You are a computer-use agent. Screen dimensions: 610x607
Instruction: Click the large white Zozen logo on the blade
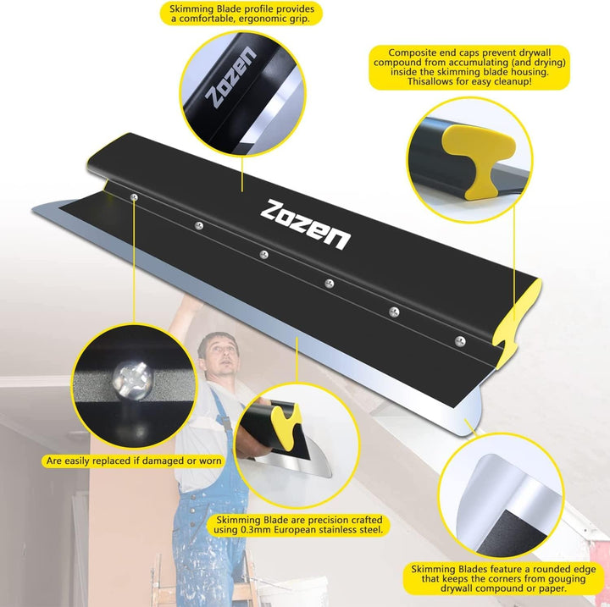click(x=305, y=224)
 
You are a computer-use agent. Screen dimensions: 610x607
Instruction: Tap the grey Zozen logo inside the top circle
click(x=231, y=77)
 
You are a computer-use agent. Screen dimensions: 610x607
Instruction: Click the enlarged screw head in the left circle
click(x=132, y=380)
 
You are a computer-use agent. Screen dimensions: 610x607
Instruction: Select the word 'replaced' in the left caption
click(x=118, y=461)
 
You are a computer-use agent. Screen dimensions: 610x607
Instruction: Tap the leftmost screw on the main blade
click(x=134, y=197)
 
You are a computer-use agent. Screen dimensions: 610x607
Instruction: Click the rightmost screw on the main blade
click(x=460, y=341)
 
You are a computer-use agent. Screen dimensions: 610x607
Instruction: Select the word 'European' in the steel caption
click(x=295, y=530)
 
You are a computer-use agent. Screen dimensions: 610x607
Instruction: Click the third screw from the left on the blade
click(x=264, y=255)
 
